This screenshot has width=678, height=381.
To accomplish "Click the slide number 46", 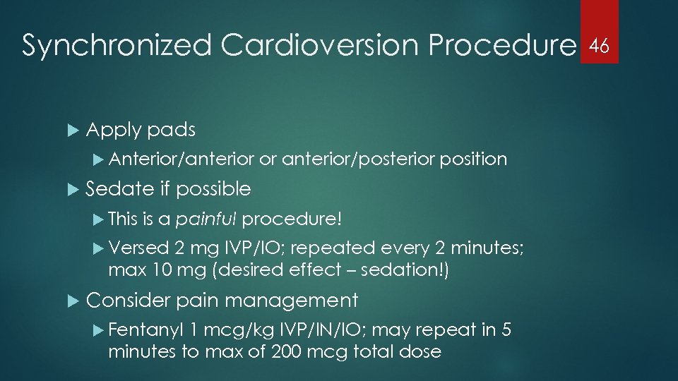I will coord(600,47).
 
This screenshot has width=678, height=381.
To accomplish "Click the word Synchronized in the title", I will coord(116,47).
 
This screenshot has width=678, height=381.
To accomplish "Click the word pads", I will coord(172,130).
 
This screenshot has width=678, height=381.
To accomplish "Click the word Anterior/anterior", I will coord(182,159).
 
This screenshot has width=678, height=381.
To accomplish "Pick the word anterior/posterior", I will coord(358,159).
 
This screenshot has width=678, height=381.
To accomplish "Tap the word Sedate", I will coord(119,188).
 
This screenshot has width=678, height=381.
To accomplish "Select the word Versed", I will coord(139,248).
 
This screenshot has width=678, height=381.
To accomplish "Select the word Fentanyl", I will coord(147,330).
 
